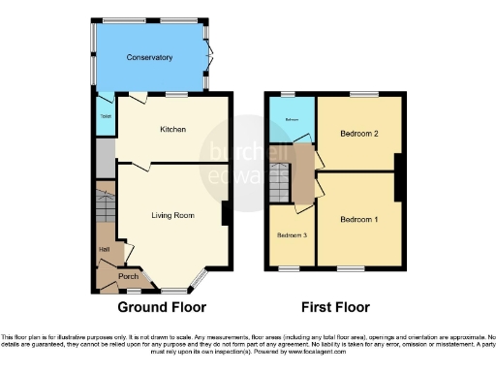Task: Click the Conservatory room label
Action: (x=149, y=57)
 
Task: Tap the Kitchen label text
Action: (x=172, y=129)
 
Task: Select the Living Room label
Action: (x=173, y=215)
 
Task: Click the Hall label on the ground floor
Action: (x=103, y=250)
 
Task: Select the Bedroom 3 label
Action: (x=292, y=235)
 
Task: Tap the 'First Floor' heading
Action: (x=334, y=307)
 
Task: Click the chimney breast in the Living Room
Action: (x=225, y=213)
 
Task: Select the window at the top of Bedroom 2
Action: (x=363, y=94)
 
